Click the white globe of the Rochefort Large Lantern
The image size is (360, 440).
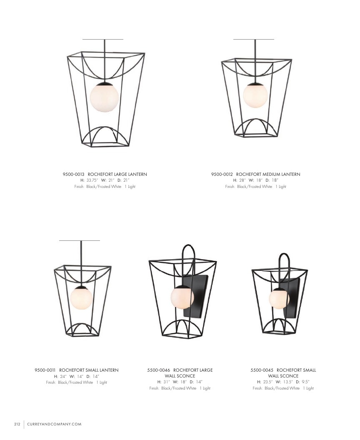105,97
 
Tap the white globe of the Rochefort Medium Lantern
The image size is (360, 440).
255,95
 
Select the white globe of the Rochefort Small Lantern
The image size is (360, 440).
81,298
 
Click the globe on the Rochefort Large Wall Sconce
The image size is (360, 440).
182,297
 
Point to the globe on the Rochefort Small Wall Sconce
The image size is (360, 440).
279,299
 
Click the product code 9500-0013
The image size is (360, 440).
73,174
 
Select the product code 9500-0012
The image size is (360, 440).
222,174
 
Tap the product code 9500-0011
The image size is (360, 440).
45,370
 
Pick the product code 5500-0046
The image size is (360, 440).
158,370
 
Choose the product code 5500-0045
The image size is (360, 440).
262,370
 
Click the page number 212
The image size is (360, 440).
17,424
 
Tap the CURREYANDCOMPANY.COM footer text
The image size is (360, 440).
55,424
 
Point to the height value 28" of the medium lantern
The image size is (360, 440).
242,180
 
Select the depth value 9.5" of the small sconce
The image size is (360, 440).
305,382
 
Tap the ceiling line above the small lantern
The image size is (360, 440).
80,240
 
